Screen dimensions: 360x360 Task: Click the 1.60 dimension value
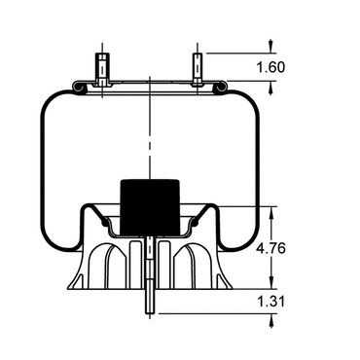(270, 67)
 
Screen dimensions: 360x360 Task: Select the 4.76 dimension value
(270, 248)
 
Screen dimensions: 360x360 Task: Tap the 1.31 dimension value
(270, 302)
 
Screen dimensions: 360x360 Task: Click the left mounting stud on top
(102, 69)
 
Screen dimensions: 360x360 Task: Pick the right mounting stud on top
(198, 69)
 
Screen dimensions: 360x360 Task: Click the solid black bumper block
(150, 206)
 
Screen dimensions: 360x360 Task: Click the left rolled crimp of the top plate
(80, 88)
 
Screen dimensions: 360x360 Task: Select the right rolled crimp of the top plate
(220, 88)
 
